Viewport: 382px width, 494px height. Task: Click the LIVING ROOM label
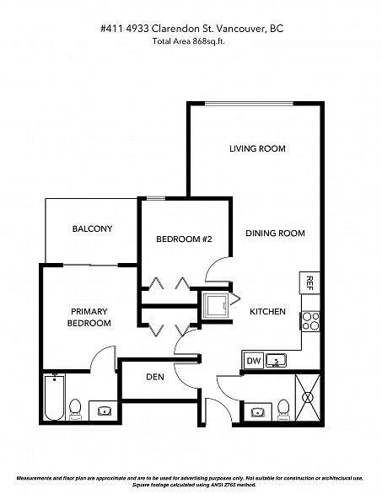(x=257, y=148)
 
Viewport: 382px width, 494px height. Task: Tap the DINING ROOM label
(x=275, y=234)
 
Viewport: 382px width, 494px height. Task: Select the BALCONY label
(x=92, y=228)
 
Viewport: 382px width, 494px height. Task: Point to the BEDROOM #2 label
(x=184, y=239)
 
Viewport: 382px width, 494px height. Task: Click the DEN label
(x=155, y=377)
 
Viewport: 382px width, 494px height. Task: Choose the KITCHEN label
(x=267, y=312)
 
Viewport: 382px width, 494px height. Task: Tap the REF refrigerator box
(x=309, y=282)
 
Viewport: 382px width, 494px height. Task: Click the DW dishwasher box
(x=254, y=361)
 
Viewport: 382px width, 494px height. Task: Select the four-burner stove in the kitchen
(x=311, y=321)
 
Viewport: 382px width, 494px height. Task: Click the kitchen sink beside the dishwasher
(x=276, y=361)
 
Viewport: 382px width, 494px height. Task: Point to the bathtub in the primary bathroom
(x=54, y=397)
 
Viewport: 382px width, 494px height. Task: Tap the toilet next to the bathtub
(x=75, y=409)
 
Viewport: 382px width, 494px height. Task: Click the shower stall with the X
(x=308, y=397)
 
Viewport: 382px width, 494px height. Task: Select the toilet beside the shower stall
(x=283, y=410)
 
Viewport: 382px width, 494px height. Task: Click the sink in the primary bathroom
(x=105, y=411)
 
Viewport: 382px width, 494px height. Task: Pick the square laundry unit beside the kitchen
(x=215, y=306)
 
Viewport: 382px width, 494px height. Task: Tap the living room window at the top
(x=249, y=104)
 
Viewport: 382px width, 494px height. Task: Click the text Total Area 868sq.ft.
(x=189, y=41)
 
